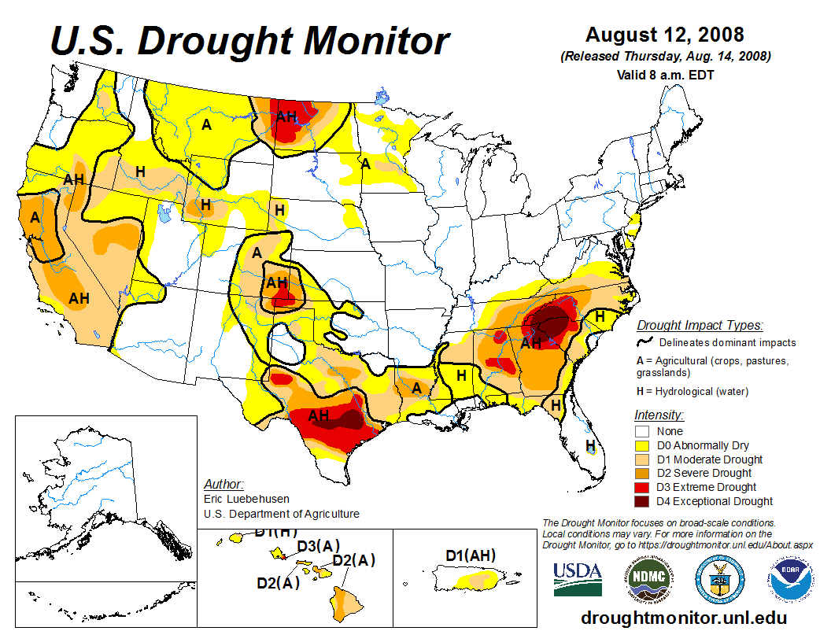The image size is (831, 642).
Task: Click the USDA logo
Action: click(x=578, y=579)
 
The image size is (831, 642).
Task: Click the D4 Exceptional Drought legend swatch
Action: click(x=643, y=501)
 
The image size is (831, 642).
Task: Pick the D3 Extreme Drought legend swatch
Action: click(x=643, y=487)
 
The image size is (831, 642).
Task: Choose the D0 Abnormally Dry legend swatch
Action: click(x=643, y=445)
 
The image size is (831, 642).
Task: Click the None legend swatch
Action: click(x=643, y=431)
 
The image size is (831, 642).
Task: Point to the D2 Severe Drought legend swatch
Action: click(x=643, y=473)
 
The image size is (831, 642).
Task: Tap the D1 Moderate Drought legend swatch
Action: click(x=643, y=459)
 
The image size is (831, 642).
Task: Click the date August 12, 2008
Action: click(x=665, y=35)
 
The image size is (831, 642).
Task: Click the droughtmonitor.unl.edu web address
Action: click(x=683, y=618)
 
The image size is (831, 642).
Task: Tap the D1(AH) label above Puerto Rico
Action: click(x=471, y=556)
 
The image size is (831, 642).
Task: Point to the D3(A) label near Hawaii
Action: click(x=319, y=546)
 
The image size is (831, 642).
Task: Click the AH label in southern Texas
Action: click(x=319, y=415)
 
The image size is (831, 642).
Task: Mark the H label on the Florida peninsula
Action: click(x=590, y=446)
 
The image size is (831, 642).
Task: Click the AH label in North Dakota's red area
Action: click(x=286, y=116)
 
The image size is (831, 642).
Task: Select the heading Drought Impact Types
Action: click(x=700, y=326)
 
